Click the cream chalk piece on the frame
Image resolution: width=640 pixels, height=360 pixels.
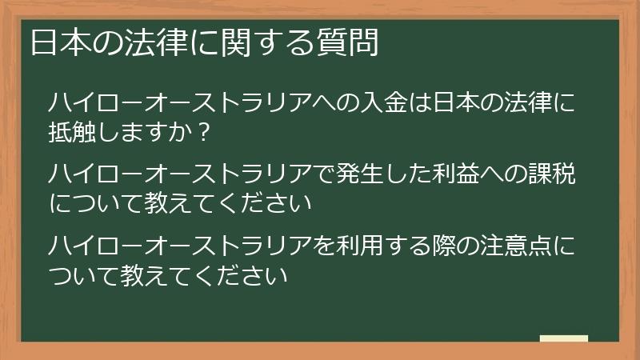[x=564, y=339]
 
